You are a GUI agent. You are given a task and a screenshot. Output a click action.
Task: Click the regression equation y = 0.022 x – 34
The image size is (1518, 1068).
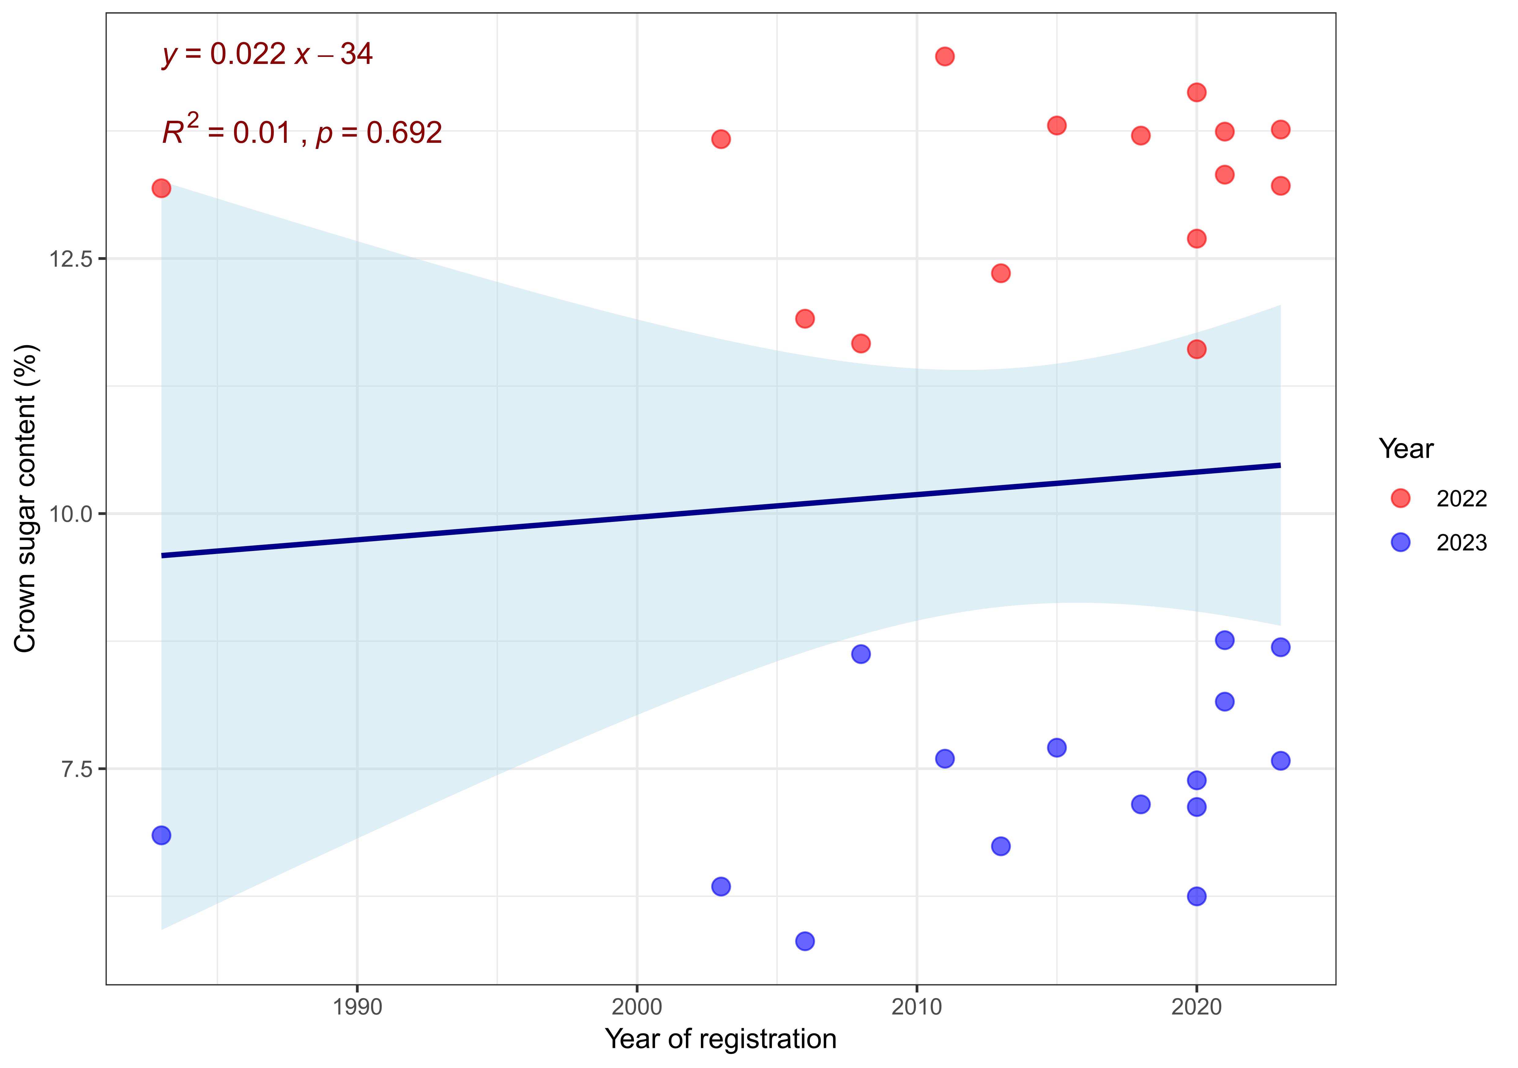267,54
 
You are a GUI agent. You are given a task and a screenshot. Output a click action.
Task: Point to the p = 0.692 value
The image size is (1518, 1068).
379,134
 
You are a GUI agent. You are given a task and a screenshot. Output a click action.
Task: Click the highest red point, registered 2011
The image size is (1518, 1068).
945,56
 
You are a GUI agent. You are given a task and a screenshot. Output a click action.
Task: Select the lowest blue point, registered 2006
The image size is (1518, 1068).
805,941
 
